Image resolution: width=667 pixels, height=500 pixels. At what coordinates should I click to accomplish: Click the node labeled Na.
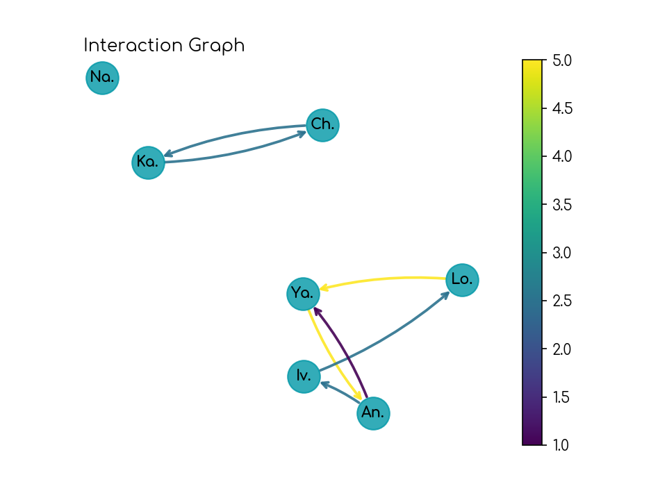pyautogui.click(x=103, y=78)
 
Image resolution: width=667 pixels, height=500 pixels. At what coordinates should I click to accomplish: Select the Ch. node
pyautogui.click(x=322, y=125)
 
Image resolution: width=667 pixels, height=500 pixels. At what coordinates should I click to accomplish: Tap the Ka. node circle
pyautogui.click(x=148, y=162)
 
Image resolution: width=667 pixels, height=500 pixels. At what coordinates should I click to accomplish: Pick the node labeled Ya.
pyautogui.click(x=303, y=294)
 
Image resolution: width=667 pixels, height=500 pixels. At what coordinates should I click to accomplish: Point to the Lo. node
pyautogui.click(x=462, y=280)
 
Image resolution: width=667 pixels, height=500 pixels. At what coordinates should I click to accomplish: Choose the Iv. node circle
pyautogui.click(x=304, y=376)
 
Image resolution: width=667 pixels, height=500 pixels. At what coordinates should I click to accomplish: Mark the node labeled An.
pyautogui.click(x=373, y=413)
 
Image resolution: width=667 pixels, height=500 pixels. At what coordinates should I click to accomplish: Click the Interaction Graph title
pyautogui.click(x=164, y=46)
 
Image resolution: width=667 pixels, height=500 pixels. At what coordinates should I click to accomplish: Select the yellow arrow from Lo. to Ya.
pyautogui.click(x=382, y=279)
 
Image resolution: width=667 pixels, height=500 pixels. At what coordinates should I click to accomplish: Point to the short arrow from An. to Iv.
pyautogui.click(x=338, y=393)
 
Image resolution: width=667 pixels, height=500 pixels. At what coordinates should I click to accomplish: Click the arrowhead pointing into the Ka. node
pyautogui.click(x=167, y=154)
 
